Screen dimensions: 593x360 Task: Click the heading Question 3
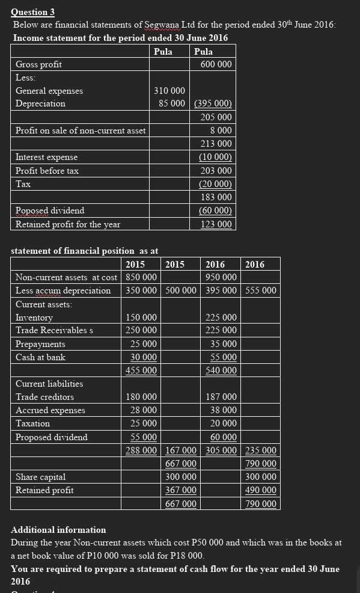click(32, 11)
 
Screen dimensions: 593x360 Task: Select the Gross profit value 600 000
click(216, 64)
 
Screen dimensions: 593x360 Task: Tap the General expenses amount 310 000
click(169, 91)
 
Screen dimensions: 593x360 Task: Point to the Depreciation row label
click(40, 104)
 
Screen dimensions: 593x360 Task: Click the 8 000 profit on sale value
click(221, 131)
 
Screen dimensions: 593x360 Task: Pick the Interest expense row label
click(46, 157)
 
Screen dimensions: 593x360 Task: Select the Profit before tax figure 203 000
click(216, 171)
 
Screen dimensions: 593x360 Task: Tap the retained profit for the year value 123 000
click(216, 224)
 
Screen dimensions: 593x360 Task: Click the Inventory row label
click(34, 318)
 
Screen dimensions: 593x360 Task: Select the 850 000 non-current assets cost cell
click(142, 277)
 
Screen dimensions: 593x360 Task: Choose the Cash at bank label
click(40, 357)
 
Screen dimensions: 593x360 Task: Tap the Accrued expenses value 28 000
click(144, 410)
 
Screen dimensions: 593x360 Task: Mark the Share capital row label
click(40, 477)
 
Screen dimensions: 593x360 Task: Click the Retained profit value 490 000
click(261, 490)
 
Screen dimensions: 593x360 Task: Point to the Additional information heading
click(58, 530)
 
